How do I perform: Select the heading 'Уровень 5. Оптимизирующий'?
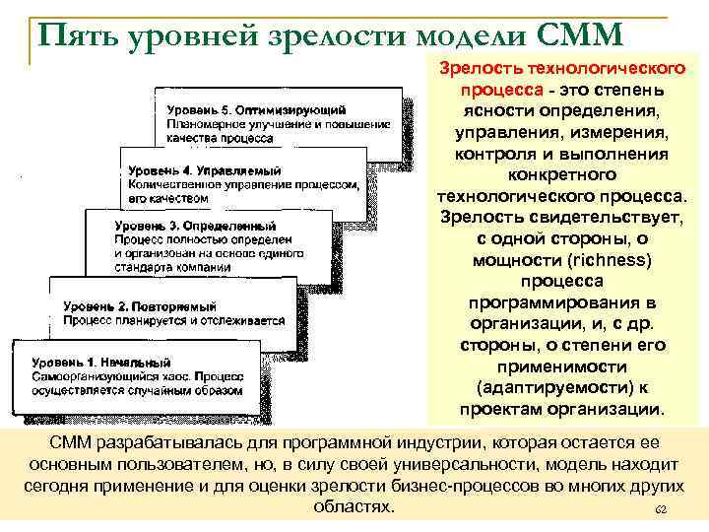(255, 105)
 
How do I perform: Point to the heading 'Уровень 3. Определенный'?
(190, 224)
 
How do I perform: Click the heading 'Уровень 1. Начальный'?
(101, 362)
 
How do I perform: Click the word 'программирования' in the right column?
(553, 301)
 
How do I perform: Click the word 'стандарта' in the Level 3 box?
(146, 265)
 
